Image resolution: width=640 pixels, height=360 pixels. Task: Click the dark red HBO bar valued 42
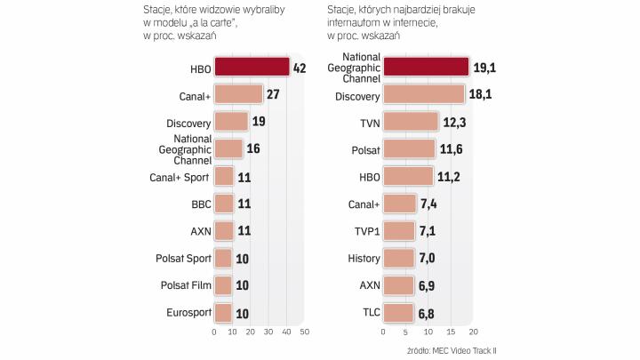pos(252,68)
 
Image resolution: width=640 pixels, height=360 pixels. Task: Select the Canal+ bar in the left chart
pos(238,94)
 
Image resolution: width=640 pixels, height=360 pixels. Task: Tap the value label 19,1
pos(485,68)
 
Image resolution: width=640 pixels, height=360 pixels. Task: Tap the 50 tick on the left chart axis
pos(305,332)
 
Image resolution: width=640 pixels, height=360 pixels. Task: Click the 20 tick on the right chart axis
pos(473,332)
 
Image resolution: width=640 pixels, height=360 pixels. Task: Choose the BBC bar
pos(224,204)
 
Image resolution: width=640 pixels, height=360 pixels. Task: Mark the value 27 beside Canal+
pos(276,94)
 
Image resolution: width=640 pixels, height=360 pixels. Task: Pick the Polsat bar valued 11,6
pos(408,149)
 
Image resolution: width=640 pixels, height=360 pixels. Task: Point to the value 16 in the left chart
pos(253,149)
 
